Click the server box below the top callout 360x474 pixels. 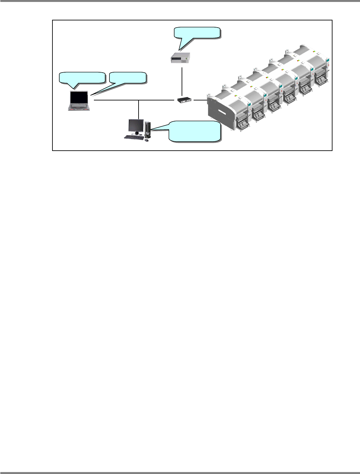point(180,57)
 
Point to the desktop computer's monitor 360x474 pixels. point(136,125)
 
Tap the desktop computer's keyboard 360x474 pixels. point(134,137)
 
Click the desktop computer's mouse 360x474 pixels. point(147,140)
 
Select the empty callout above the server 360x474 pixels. point(197,33)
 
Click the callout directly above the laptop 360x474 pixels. point(82,78)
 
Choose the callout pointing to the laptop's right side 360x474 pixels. point(128,77)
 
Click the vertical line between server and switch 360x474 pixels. point(182,81)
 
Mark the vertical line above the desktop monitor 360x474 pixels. point(139,109)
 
